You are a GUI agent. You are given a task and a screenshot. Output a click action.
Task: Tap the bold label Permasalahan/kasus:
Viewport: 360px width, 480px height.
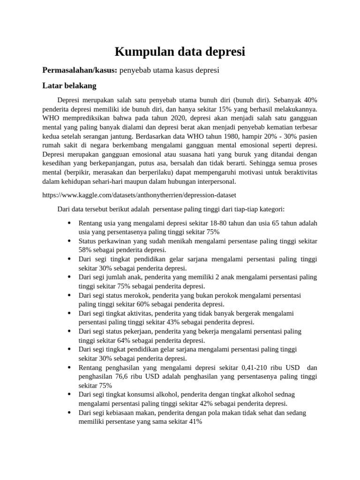coord(80,70)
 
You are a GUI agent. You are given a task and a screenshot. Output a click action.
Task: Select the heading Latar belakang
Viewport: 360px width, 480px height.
coord(69,86)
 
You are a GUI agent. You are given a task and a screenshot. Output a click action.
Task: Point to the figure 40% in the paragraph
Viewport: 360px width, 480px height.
coord(310,100)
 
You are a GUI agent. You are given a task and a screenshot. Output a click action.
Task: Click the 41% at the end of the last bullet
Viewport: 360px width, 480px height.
coord(195,421)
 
